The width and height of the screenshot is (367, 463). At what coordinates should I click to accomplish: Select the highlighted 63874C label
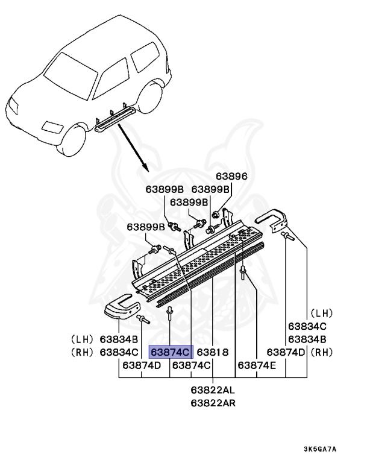click(171, 352)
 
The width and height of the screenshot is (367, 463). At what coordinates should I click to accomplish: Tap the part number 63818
click(213, 352)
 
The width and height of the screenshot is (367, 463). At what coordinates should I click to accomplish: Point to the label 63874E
click(257, 365)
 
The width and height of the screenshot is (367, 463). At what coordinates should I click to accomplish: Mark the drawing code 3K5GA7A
click(320, 449)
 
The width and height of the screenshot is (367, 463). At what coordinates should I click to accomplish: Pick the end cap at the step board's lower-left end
click(121, 308)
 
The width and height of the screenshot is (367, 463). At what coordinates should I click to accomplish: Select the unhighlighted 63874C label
click(192, 365)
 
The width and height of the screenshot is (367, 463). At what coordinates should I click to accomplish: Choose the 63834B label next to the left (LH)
click(119, 339)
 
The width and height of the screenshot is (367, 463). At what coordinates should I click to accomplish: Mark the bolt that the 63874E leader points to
click(242, 274)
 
